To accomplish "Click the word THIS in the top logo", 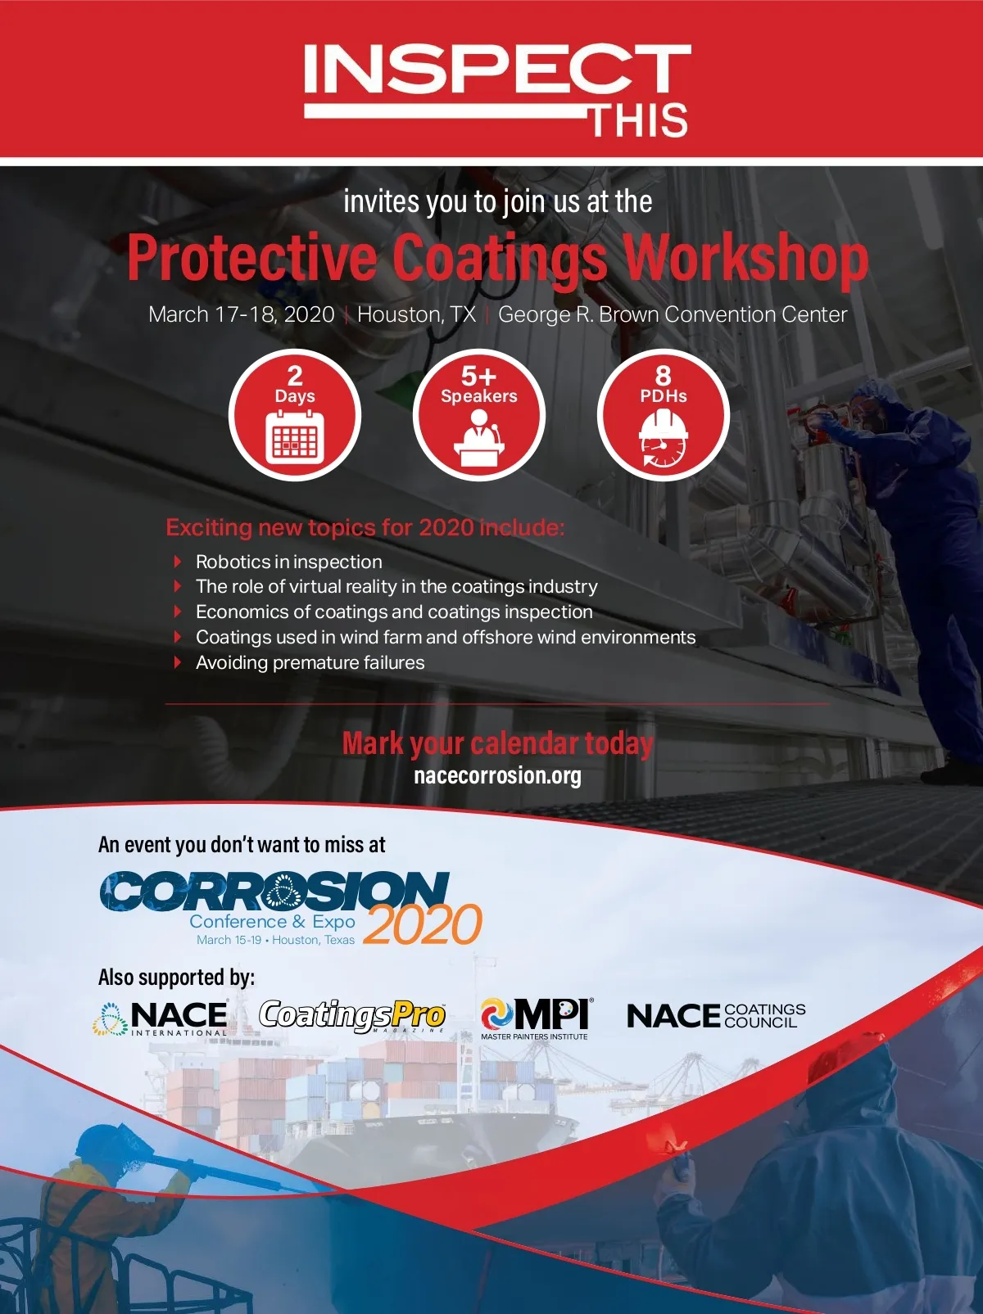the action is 639,120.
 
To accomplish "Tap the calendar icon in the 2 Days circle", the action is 295,438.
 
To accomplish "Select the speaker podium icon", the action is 479,438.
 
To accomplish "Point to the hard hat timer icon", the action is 664,438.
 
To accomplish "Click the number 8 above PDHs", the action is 664,376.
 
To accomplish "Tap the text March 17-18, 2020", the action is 242,315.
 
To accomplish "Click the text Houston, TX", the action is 416,315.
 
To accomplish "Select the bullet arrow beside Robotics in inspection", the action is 177,562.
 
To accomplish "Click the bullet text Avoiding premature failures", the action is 310,662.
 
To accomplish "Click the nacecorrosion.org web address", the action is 498,775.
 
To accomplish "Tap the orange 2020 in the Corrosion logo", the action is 423,924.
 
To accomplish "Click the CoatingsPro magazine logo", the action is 352,1016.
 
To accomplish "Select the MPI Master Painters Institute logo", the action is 535,1018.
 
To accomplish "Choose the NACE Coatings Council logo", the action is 717,1016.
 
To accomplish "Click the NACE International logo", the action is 161,1018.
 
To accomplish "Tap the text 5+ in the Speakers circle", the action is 478,376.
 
